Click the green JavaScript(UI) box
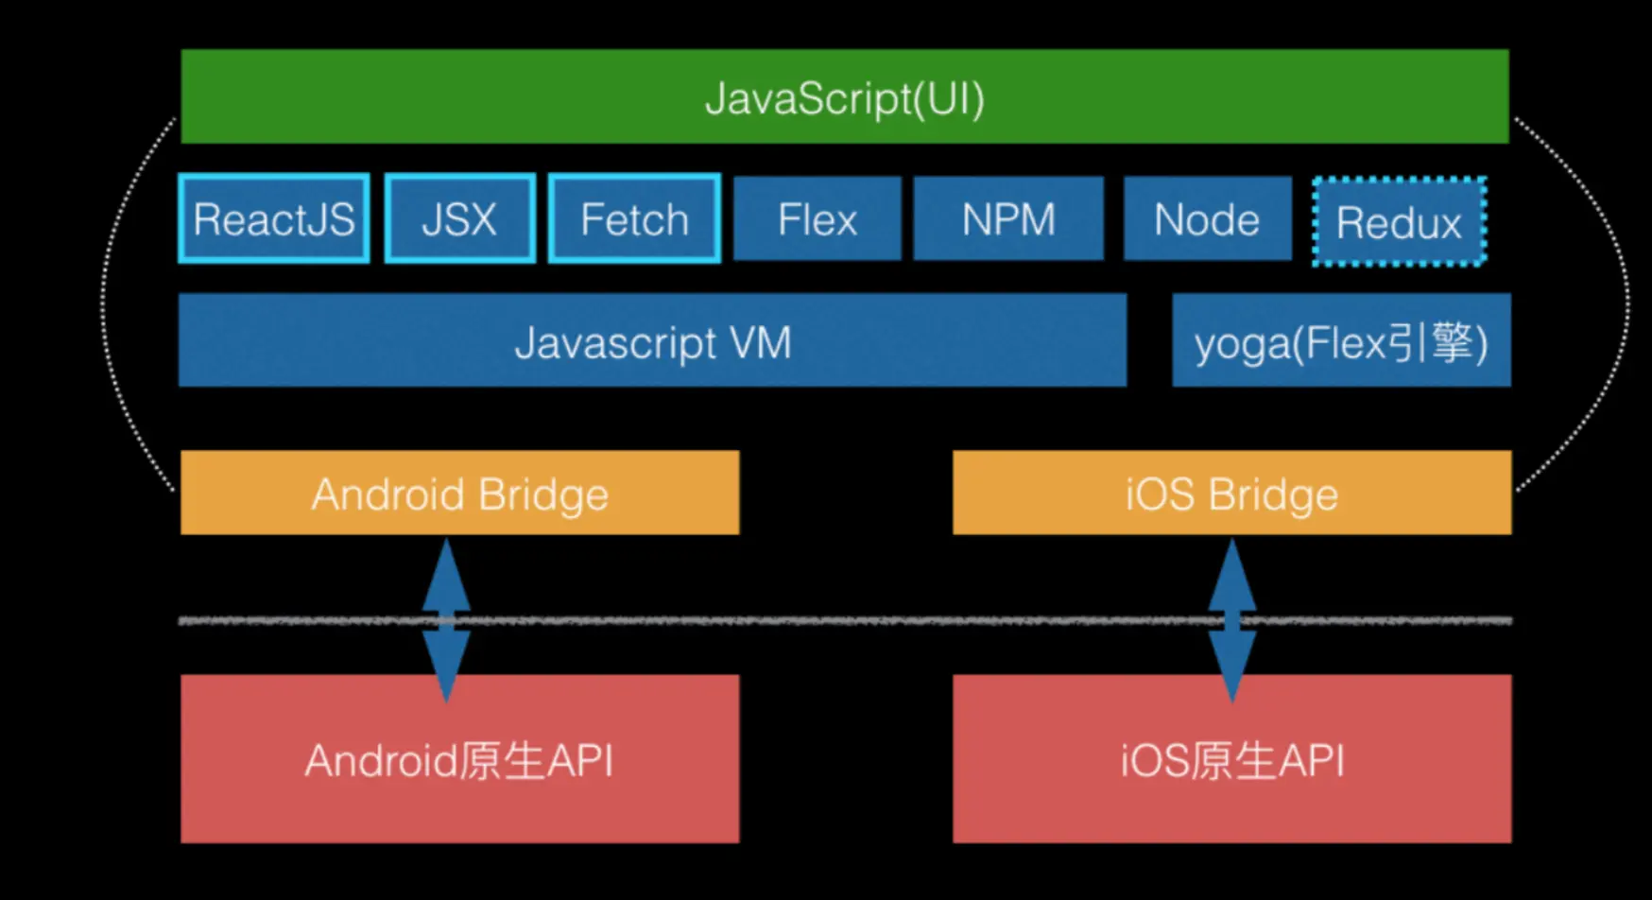[844, 97]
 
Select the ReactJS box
[274, 219]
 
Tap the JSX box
[460, 219]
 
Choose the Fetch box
[634, 219]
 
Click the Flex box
[817, 219]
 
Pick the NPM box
[1008, 219]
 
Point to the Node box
[1207, 219]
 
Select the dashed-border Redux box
[1399, 222]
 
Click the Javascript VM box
[652, 341]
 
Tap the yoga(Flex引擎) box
[1341, 341]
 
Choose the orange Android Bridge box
[459, 493]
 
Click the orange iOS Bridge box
[1231, 493]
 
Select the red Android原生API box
[459, 759]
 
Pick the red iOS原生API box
[1231, 759]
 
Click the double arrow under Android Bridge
[446, 619]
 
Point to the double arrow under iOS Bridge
[1232, 619]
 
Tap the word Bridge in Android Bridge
[542, 494]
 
